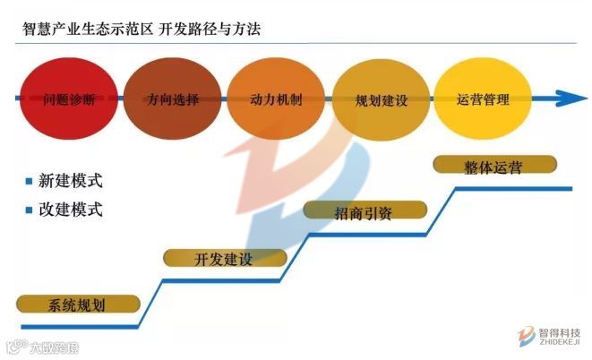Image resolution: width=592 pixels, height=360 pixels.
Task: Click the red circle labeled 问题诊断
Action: tap(68, 98)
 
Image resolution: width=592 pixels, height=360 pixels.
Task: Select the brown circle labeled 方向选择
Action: tap(173, 98)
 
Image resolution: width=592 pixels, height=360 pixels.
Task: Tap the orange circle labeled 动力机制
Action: tap(276, 98)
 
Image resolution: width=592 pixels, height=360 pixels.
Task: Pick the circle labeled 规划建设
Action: tap(381, 98)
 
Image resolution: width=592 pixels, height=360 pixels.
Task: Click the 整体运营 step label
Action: tap(494, 166)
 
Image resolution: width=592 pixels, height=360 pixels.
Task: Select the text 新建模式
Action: tap(71, 181)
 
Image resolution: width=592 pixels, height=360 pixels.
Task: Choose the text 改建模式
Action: tap(71, 211)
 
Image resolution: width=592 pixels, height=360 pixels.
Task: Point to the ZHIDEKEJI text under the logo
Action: tap(560, 342)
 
